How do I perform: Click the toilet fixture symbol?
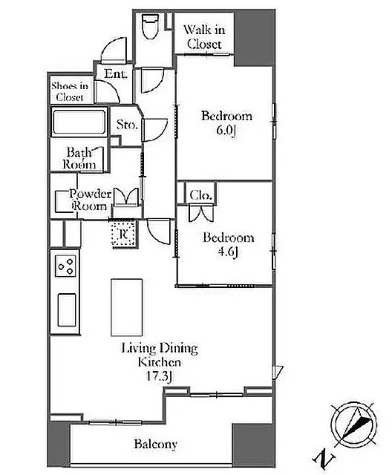click(151, 27)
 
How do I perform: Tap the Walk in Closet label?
click(204, 37)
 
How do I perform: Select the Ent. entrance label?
click(115, 73)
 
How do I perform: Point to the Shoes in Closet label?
click(70, 91)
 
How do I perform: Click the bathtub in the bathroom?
click(79, 122)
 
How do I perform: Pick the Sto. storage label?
click(127, 124)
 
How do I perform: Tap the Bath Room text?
click(79, 158)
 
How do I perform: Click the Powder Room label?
click(91, 200)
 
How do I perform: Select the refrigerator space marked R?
click(124, 234)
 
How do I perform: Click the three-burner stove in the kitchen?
click(65, 266)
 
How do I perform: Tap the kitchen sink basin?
click(67, 309)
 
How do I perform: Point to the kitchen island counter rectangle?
click(127, 307)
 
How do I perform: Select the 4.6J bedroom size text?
click(227, 252)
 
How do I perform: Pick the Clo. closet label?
click(200, 195)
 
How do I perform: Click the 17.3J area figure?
click(160, 376)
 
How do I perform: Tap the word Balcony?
click(156, 444)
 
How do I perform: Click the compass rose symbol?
click(354, 425)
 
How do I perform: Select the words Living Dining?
click(160, 349)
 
